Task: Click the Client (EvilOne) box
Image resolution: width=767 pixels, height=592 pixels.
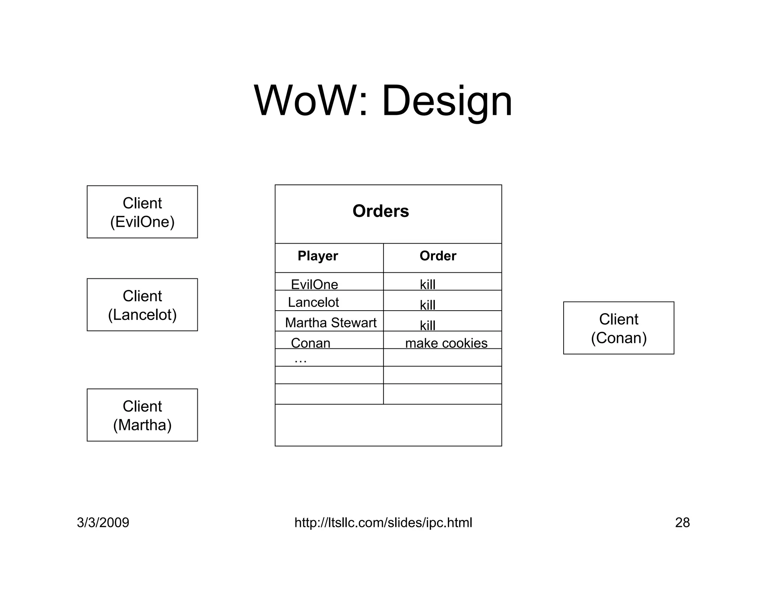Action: coord(142,212)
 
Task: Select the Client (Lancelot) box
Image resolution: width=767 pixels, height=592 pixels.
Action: coord(142,305)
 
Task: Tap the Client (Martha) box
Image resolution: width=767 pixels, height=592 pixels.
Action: coord(142,415)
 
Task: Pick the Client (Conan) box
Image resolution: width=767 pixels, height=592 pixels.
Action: coord(619,328)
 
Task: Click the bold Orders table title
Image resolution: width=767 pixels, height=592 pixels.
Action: coord(381,211)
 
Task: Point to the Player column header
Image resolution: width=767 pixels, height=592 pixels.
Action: coord(318,256)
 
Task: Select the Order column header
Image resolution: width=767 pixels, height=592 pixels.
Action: coord(438,256)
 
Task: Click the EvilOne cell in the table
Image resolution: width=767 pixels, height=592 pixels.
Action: coord(314,284)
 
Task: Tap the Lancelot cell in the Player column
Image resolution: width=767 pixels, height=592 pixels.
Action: coord(313,302)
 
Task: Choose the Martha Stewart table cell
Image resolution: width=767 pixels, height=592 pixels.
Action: coord(330,323)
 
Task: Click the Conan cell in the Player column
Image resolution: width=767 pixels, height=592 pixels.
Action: coord(310,343)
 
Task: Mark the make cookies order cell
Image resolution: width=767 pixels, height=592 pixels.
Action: coord(446,343)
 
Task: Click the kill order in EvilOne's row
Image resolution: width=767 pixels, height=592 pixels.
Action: coord(427,284)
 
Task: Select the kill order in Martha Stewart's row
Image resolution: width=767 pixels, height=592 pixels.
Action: coord(427,325)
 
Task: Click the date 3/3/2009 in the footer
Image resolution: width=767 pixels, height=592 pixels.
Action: coord(103,522)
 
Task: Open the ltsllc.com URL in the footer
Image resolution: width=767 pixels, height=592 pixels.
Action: coord(383,522)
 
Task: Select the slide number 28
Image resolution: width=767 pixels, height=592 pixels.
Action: coord(682,522)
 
